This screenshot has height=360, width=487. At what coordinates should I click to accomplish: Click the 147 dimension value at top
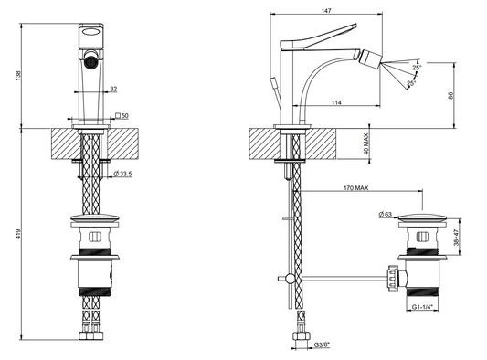[x=326, y=11]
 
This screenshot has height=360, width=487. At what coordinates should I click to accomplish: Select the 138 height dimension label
[x=18, y=76]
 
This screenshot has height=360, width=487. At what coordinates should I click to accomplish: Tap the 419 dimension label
[x=18, y=234]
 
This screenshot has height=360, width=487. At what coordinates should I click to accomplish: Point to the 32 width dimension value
[x=113, y=90]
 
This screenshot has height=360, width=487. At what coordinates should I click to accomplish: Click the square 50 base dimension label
[x=122, y=115]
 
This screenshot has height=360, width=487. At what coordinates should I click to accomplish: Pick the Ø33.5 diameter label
[x=122, y=174]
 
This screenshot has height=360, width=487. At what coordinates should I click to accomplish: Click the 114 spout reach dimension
[x=336, y=102]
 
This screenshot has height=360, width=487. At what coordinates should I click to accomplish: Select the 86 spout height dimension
[x=451, y=95]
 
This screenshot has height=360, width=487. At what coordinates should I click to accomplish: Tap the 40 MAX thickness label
[x=366, y=143]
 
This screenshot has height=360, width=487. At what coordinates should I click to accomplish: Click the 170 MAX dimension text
[x=356, y=188]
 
